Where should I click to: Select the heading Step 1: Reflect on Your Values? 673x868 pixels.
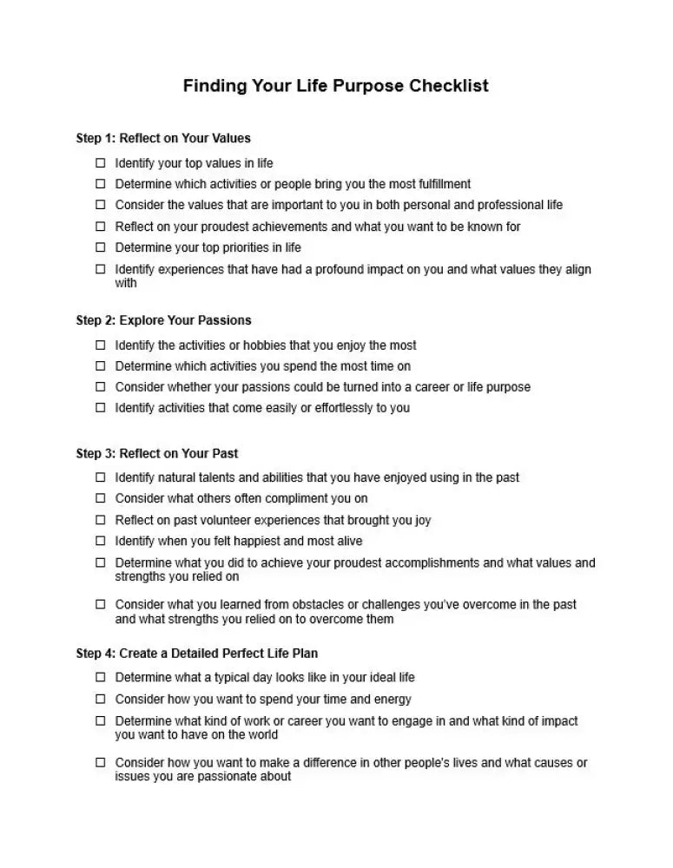coord(163,138)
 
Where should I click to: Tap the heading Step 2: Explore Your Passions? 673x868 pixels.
coord(163,320)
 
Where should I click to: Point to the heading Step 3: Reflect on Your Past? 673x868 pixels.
coord(157,453)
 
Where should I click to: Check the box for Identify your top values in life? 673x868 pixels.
coord(100,163)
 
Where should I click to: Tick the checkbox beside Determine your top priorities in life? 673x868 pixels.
coord(100,247)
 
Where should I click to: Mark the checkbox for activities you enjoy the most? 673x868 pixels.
coord(100,345)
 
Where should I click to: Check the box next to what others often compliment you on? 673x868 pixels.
coord(100,498)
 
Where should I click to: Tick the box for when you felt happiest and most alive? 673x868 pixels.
coord(100,541)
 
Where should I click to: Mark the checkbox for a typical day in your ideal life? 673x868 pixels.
coord(100,677)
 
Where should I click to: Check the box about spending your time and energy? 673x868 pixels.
coord(100,699)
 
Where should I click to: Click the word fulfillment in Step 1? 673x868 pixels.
coord(441,184)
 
